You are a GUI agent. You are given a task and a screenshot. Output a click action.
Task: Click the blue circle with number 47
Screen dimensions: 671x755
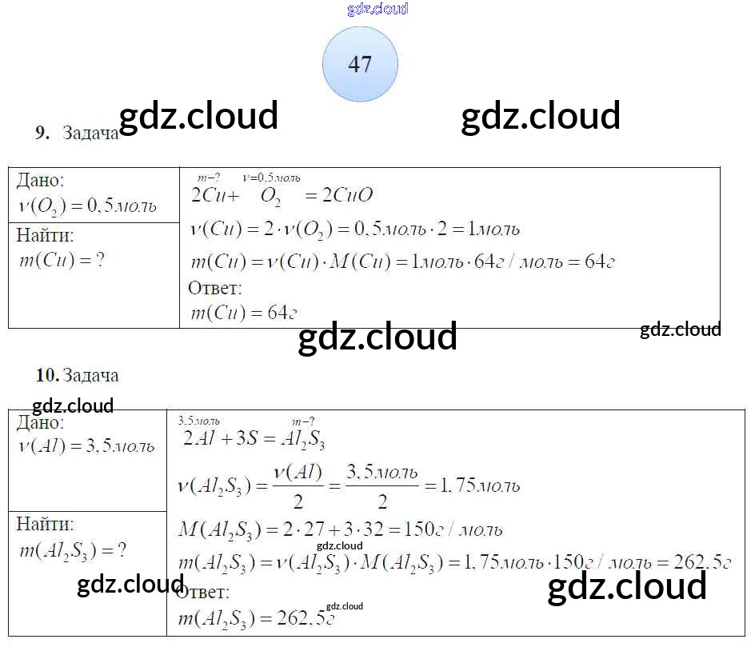coord(360,64)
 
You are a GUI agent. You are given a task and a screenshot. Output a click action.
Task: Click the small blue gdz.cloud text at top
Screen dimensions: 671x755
coord(377,9)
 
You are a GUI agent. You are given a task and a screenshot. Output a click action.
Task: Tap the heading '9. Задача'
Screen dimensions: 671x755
coord(77,134)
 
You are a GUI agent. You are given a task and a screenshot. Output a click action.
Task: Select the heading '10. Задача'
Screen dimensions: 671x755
coord(77,375)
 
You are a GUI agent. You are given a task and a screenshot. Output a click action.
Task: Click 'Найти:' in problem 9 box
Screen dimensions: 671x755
coord(45,235)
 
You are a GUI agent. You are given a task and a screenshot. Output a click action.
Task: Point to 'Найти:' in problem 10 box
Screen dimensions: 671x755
coord(45,524)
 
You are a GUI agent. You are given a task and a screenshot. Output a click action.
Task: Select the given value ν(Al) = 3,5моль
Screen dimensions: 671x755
coord(86,446)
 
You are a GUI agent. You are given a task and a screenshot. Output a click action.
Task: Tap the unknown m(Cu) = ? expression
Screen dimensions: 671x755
coord(61,260)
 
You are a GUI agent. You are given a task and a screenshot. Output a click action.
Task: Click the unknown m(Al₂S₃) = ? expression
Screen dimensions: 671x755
coord(72,550)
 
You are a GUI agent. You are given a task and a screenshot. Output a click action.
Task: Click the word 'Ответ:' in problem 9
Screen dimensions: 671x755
coord(214,288)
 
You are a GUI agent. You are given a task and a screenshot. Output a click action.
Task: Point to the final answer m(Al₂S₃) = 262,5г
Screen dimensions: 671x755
coord(254,618)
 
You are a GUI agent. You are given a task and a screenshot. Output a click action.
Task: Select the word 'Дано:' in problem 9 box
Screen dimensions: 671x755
coord(41,181)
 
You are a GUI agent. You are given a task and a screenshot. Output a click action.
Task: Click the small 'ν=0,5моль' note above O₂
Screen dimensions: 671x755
coord(271,178)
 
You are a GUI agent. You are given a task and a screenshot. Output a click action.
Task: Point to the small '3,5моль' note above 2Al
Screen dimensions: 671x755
coord(198,421)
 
